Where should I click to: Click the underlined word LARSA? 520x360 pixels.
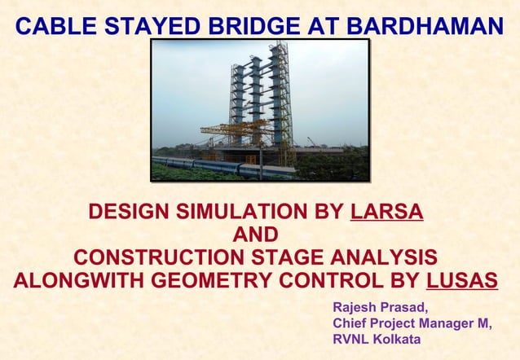tap(386, 213)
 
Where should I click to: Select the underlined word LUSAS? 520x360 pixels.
tap(462, 281)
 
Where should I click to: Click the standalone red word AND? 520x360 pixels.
tap(255, 235)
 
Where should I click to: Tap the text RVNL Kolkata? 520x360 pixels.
tap(377, 338)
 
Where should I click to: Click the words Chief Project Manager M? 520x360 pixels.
tap(412, 323)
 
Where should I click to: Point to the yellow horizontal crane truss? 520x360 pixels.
tap(236, 128)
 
